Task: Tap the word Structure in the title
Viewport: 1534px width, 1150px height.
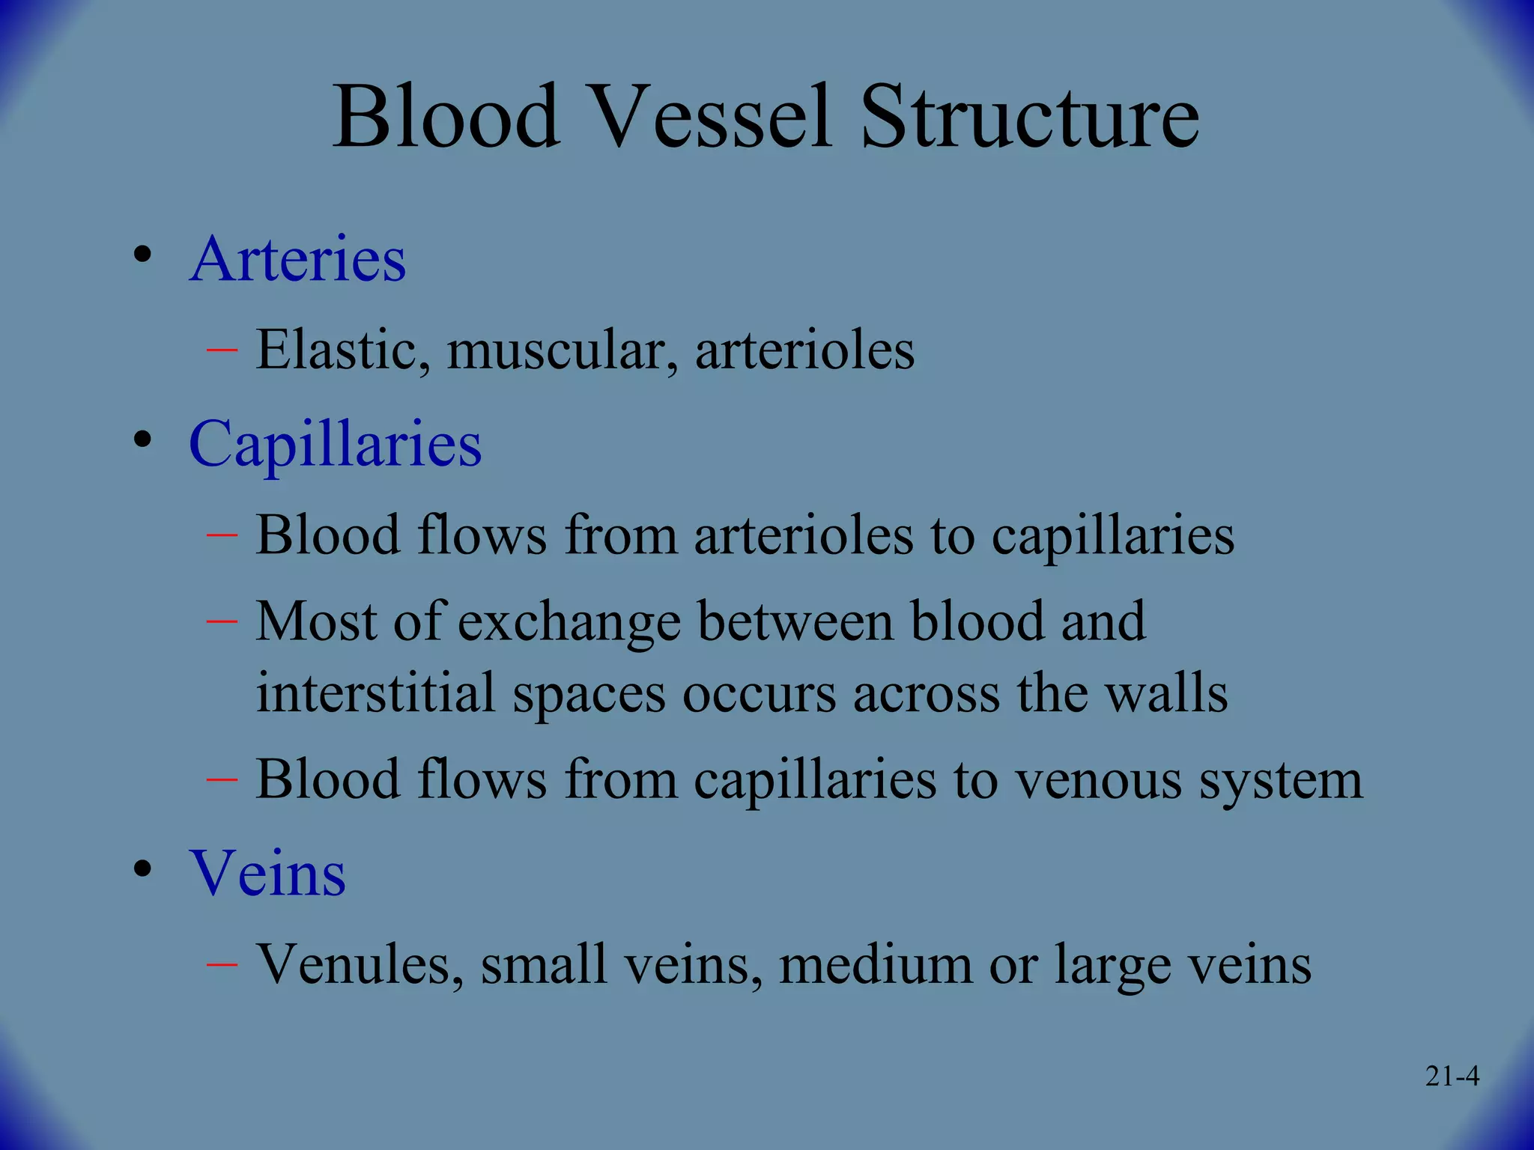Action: coord(1029,118)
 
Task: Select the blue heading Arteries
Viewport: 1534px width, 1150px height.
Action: coord(297,259)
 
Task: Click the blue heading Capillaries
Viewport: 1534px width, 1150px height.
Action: coord(335,445)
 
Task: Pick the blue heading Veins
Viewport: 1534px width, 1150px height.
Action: coord(267,873)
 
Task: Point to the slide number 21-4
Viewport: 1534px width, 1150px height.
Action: coord(1452,1077)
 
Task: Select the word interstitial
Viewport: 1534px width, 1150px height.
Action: coord(375,693)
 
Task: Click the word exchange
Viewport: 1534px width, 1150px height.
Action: coord(569,622)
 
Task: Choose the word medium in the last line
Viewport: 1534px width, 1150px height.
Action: coord(875,964)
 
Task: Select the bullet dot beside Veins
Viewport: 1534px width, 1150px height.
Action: coord(142,869)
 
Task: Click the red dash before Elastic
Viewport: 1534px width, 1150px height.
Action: coord(222,350)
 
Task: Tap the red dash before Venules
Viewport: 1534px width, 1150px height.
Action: coord(222,964)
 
